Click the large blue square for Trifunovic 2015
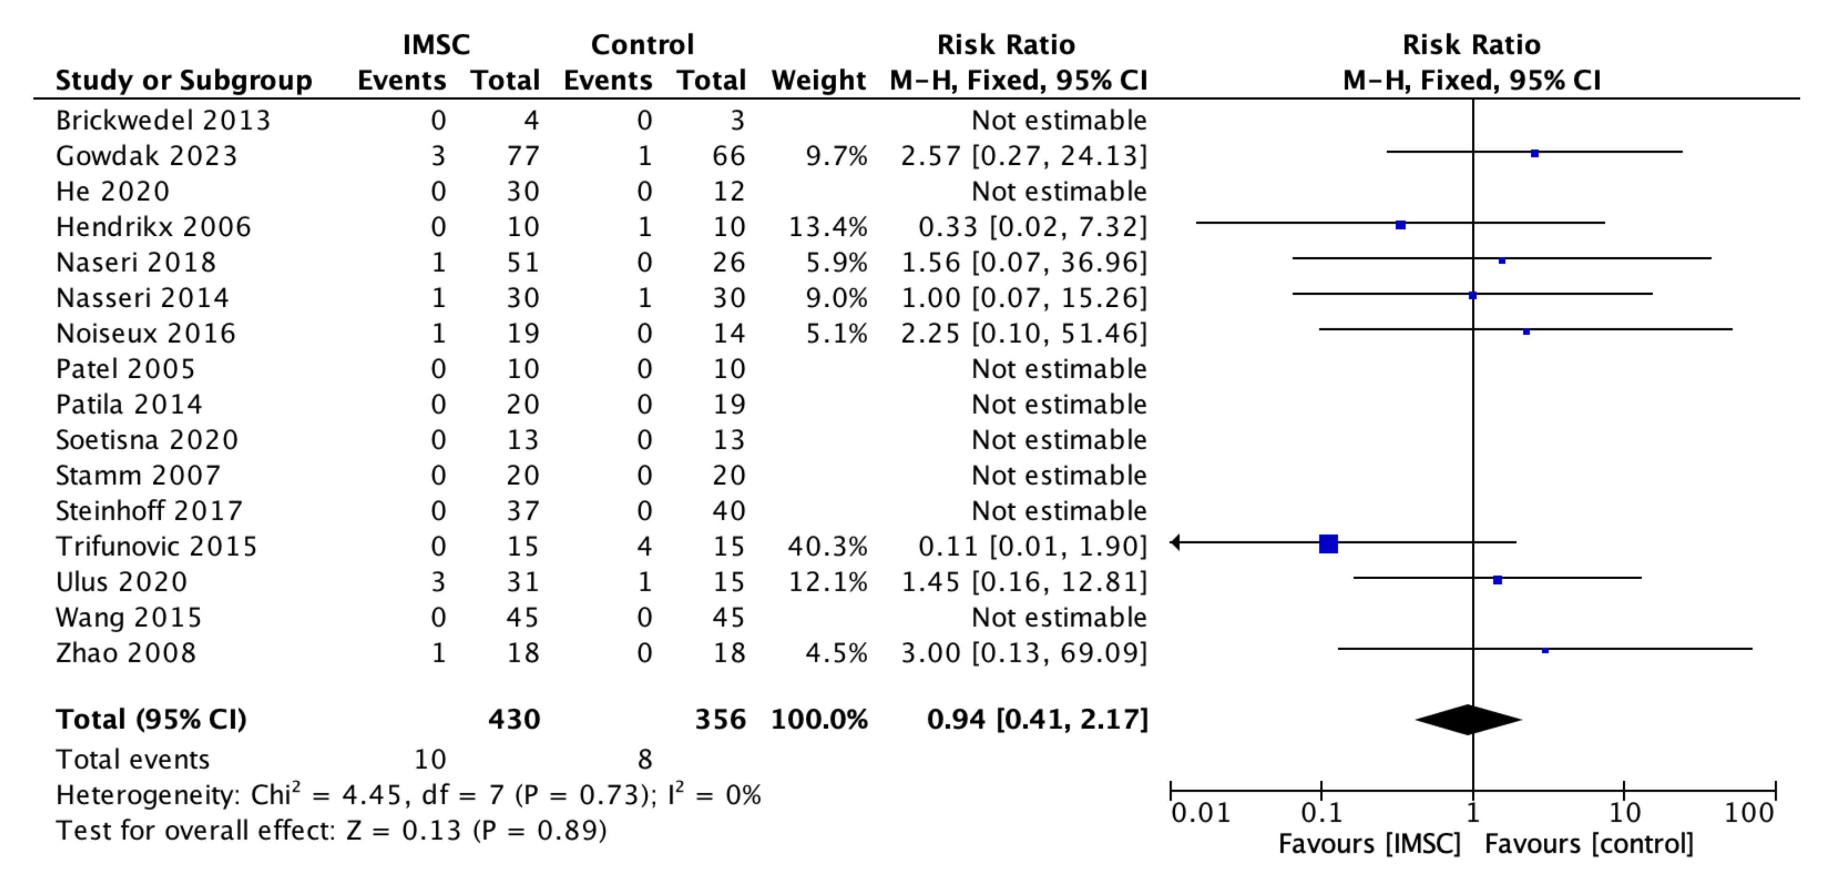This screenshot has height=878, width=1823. (1328, 544)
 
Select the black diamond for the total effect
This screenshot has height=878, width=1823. (1469, 719)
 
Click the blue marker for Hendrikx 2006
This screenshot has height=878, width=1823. (1400, 225)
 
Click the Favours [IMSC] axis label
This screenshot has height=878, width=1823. (1369, 844)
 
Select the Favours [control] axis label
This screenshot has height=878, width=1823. (1589, 844)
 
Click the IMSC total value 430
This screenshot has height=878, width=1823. (514, 719)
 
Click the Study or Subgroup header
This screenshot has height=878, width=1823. (183, 80)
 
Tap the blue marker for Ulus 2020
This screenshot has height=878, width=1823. (1498, 580)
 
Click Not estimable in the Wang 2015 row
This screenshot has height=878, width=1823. (1058, 617)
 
